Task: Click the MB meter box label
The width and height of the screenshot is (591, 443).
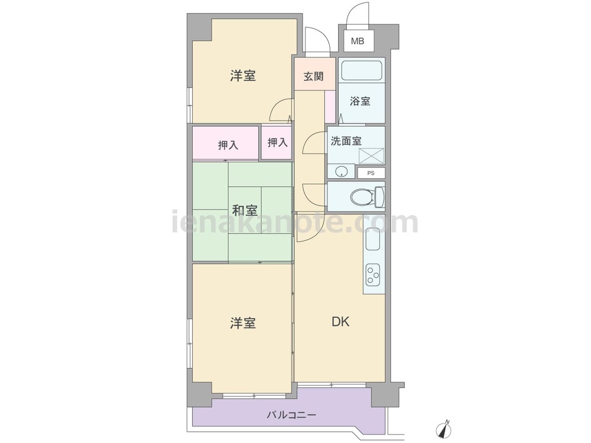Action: [x=358, y=41]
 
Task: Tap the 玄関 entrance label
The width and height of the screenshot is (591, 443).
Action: [x=314, y=76]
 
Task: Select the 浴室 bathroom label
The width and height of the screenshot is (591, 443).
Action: [x=360, y=101]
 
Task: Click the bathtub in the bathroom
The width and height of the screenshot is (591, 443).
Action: [x=362, y=70]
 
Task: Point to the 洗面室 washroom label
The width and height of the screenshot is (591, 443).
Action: [x=346, y=141]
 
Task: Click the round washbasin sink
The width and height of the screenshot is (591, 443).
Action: [x=341, y=171]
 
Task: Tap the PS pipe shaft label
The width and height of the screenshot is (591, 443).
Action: [x=371, y=173]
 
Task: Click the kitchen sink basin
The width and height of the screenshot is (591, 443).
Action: [x=372, y=239]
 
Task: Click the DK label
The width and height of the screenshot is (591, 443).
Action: [x=340, y=322]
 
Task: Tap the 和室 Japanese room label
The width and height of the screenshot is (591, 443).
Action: [x=244, y=210]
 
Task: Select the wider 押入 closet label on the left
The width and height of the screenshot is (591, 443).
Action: [x=228, y=145]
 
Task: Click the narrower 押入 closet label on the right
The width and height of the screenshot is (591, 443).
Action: [x=277, y=142]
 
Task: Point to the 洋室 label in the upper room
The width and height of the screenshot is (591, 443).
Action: [x=243, y=76]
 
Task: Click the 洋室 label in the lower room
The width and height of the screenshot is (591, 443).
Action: [x=243, y=323]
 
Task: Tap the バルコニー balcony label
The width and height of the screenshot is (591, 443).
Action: [x=292, y=415]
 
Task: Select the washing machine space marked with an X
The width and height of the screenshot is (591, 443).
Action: [x=371, y=156]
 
